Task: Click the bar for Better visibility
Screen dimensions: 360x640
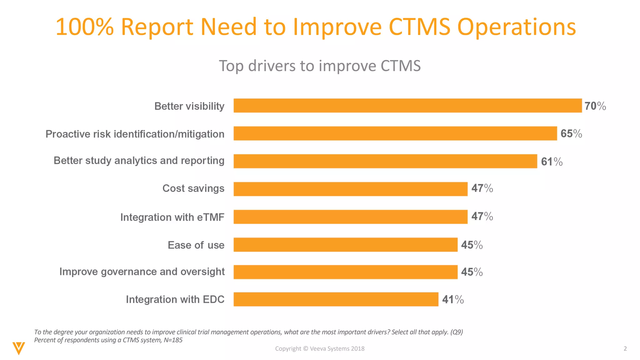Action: pos(407,106)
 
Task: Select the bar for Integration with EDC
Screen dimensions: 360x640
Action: pos(336,299)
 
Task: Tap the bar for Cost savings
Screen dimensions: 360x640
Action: pos(350,189)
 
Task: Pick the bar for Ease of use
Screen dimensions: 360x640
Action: pos(345,245)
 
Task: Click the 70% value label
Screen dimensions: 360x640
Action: pos(595,106)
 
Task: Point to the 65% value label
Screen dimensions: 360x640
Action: pos(571,134)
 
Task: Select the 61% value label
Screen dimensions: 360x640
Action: pos(552,162)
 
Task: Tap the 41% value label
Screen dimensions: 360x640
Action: pos(452,300)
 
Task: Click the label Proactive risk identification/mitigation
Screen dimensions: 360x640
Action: pos(135,134)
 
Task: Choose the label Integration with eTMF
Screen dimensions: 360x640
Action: pos(172,217)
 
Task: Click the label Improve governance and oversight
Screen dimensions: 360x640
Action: pos(142,272)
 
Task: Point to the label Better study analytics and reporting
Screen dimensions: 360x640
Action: pos(139,161)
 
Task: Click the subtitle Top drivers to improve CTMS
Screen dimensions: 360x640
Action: pos(320,66)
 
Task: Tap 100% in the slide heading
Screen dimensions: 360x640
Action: pos(84,27)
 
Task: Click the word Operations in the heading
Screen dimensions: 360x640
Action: pos(516,27)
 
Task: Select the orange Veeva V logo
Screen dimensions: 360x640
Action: pos(19,348)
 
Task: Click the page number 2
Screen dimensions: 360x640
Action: pos(625,348)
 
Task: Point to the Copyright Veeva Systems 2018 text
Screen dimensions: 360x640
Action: pos(320,348)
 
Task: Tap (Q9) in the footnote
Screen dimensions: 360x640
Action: pos(456,332)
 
